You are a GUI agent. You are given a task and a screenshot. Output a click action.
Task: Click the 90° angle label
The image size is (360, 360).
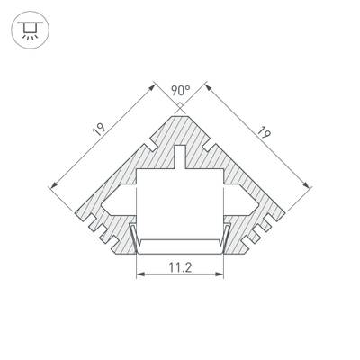tap(180, 90)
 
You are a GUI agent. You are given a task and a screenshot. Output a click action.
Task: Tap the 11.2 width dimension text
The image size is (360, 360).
tap(180, 267)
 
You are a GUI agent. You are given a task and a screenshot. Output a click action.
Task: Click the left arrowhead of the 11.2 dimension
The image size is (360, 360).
tap(139, 277)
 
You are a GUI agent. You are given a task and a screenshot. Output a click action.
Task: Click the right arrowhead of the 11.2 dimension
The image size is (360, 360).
tap(220, 277)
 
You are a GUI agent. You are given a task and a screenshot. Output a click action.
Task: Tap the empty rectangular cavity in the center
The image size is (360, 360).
tap(180, 202)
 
